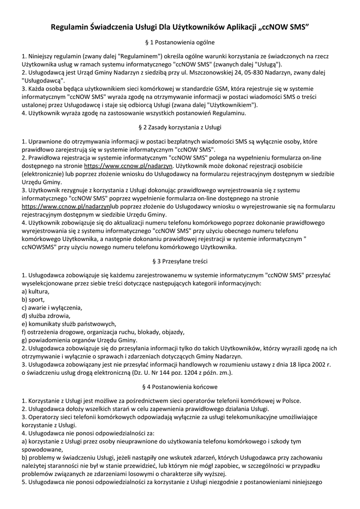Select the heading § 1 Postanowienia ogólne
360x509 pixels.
tap(180, 43)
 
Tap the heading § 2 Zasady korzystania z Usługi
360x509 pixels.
tap(180, 128)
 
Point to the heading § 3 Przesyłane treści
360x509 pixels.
tap(180, 260)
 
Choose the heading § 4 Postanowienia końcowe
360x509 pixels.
tap(180, 386)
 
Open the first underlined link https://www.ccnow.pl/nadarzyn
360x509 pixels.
tap(128, 166)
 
